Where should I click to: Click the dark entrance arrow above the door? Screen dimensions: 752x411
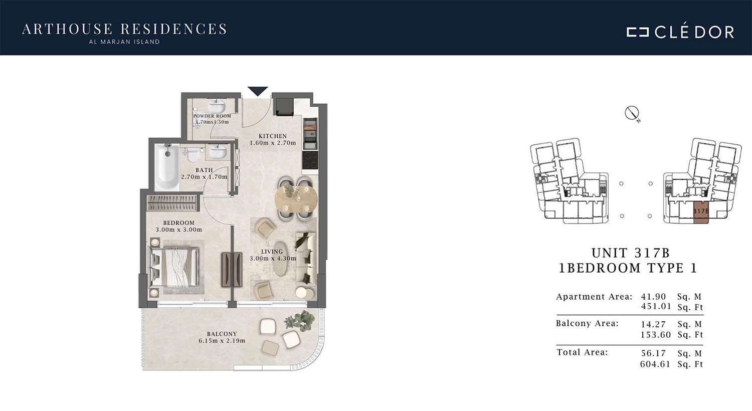pyautogui.click(x=258, y=91)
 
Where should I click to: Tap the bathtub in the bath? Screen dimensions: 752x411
pyautogui.click(x=167, y=166)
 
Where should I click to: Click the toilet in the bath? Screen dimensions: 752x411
pyautogui.click(x=193, y=155)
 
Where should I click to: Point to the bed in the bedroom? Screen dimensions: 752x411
pyautogui.click(x=175, y=267)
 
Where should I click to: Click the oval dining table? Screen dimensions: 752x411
pyautogui.click(x=296, y=198)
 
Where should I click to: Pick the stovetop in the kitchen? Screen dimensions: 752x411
pyautogui.click(x=310, y=160)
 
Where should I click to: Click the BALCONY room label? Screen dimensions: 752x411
pyautogui.click(x=222, y=334)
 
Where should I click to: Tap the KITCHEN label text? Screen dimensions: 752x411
pyautogui.click(x=273, y=136)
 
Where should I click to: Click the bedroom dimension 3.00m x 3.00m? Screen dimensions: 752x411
pyautogui.click(x=179, y=230)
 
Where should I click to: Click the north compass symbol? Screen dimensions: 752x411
pyautogui.click(x=632, y=113)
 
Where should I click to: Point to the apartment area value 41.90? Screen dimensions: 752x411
pyautogui.click(x=653, y=297)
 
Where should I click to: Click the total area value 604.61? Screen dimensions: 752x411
pyautogui.click(x=655, y=364)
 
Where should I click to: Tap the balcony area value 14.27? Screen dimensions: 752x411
pyautogui.click(x=653, y=324)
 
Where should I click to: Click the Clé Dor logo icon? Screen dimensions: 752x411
pyautogui.click(x=638, y=32)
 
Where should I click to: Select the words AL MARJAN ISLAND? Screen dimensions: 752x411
pyautogui.click(x=124, y=42)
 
